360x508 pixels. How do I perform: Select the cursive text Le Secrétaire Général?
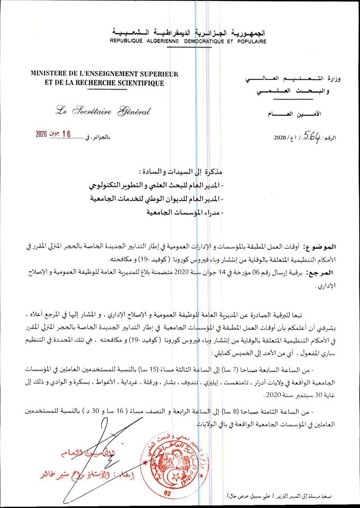pos(103,111)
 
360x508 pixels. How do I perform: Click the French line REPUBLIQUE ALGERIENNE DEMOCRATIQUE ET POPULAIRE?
pos(188,41)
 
